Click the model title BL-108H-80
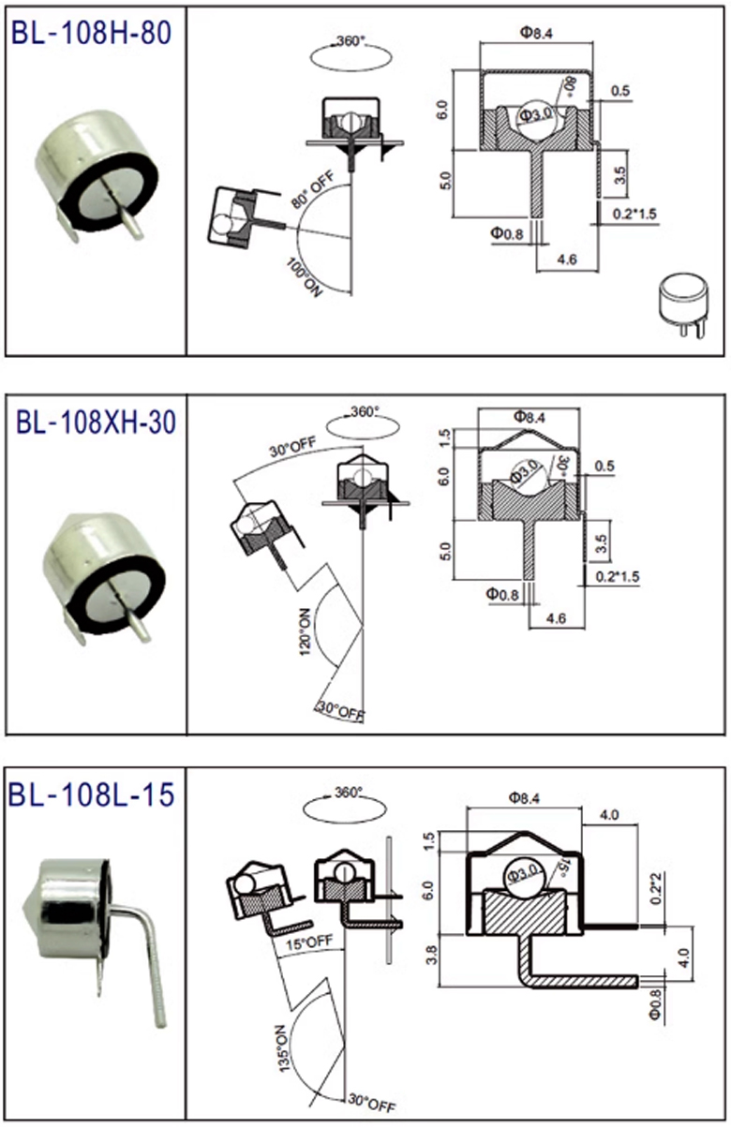click(x=91, y=33)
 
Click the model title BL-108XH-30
click(x=96, y=423)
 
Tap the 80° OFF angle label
click(x=313, y=189)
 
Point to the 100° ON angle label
click(x=304, y=277)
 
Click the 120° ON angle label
click(x=306, y=630)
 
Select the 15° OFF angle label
click(x=309, y=942)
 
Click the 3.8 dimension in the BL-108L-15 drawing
click(x=431, y=955)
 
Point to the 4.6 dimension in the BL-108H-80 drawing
click(x=567, y=260)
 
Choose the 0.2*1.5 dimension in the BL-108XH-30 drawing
click(x=618, y=576)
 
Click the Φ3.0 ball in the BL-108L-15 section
click(x=525, y=875)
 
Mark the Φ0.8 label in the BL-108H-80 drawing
click(x=507, y=233)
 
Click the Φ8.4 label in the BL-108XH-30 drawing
click(x=530, y=417)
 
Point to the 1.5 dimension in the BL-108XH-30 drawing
click(x=444, y=438)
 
